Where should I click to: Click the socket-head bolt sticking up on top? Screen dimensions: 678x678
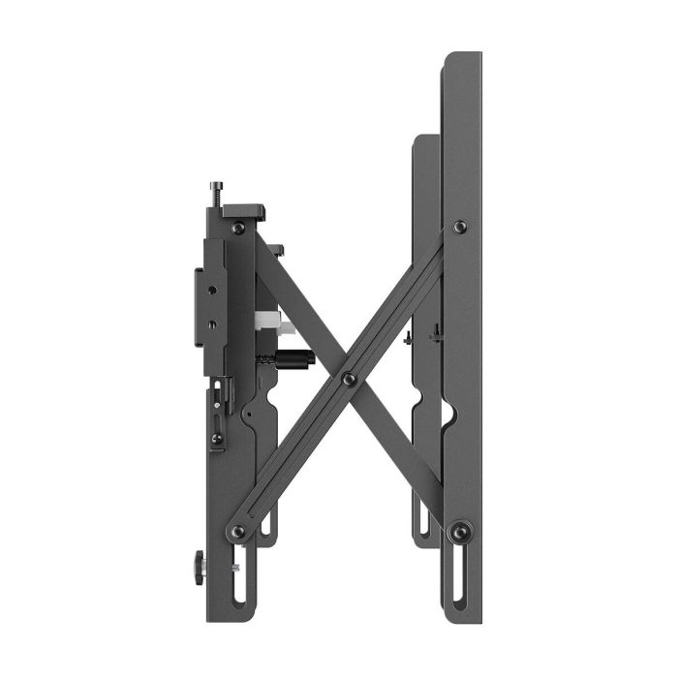[214, 190]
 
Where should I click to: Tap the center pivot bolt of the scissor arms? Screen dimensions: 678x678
[350, 378]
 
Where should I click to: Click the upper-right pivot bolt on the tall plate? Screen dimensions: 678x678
[459, 227]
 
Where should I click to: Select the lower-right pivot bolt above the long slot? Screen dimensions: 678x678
[460, 530]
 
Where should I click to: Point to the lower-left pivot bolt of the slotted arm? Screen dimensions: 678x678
[238, 531]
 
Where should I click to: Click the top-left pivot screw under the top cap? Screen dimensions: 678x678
[238, 228]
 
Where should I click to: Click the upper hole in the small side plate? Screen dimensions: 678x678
[211, 287]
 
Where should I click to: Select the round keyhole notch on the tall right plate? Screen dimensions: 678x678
[447, 416]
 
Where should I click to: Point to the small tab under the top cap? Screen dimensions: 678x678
[278, 250]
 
